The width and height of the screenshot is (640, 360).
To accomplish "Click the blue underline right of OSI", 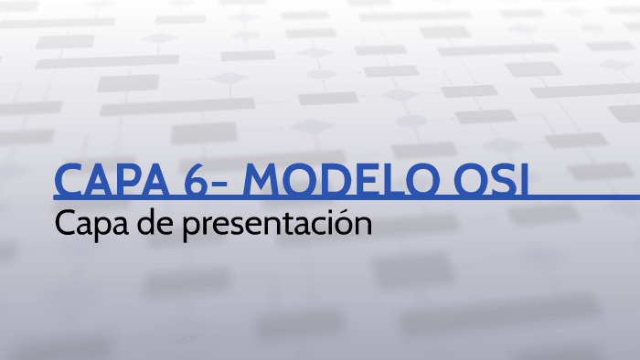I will point(585,196).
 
